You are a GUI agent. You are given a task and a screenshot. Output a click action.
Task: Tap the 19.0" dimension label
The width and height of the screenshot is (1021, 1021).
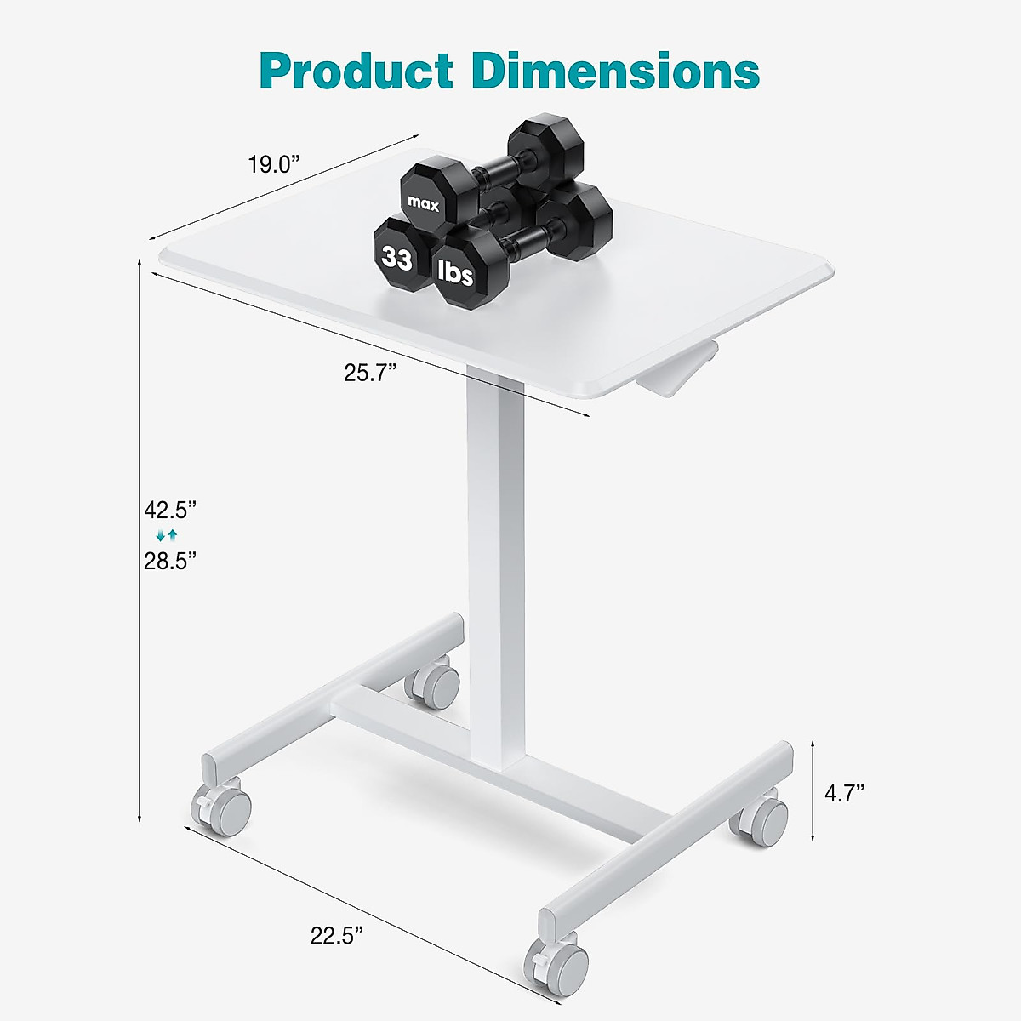click(275, 164)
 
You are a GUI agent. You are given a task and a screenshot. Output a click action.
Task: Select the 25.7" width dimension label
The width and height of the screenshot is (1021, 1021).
click(371, 373)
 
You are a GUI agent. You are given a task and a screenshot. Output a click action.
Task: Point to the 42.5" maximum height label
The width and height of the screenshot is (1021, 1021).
click(170, 510)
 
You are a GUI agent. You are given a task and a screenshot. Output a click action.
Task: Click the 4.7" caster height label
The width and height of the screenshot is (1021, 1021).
click(844, 794)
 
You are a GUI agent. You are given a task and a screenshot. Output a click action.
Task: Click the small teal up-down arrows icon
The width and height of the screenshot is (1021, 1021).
click(167, 535)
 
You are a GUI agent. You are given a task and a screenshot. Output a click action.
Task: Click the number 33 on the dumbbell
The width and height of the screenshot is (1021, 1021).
click(397, 257)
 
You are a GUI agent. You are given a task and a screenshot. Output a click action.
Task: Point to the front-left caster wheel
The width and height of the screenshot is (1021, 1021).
click(225, 808)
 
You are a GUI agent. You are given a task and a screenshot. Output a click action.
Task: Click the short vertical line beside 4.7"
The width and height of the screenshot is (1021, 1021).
click(813, 791)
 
